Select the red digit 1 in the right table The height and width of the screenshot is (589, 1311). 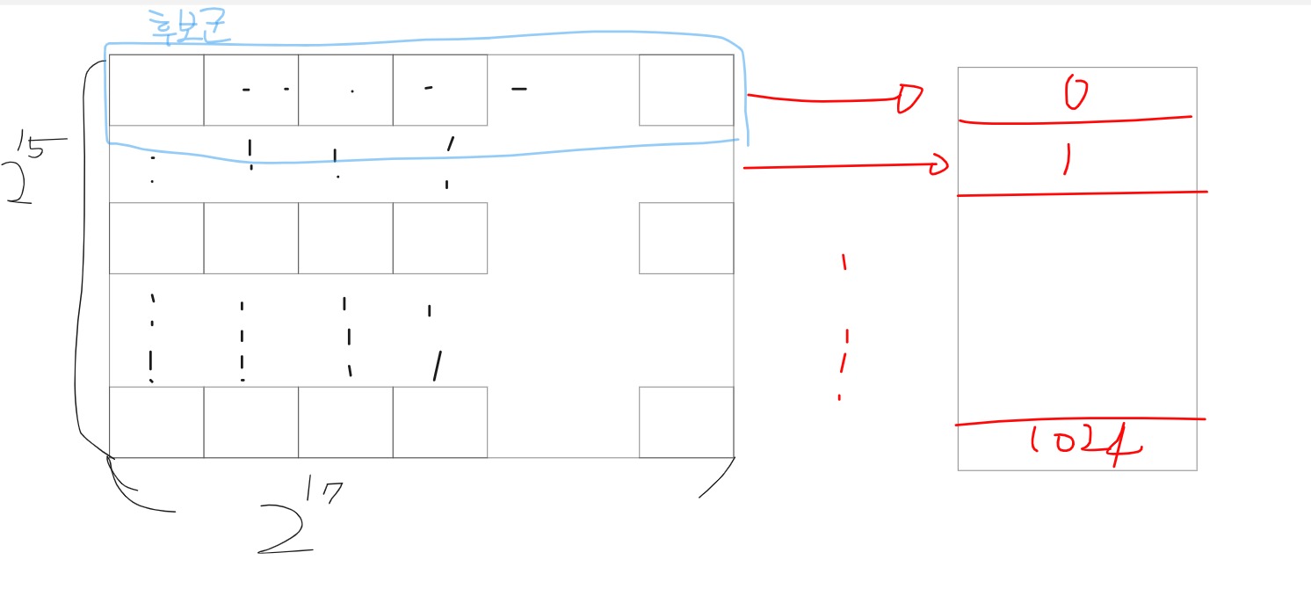[1066, 160]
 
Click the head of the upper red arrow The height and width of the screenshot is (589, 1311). [909, 99]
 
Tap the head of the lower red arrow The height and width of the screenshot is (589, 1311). [941, 164]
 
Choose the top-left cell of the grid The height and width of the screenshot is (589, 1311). [156, 90]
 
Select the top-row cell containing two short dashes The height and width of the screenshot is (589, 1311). [251, 90]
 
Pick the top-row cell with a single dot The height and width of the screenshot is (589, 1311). [345, 90]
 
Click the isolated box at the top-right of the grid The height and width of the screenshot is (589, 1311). [686, 90]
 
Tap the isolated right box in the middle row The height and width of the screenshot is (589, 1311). [686, 238]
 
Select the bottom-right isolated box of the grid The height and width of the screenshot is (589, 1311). [686, 422]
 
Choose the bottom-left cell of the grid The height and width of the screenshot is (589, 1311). [156, 422]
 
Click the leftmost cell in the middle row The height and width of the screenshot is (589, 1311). [156, 238]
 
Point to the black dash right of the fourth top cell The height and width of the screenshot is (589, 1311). [519, 88]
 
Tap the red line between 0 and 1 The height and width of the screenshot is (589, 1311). [1076, 119]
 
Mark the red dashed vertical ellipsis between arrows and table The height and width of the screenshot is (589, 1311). [844, 330]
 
